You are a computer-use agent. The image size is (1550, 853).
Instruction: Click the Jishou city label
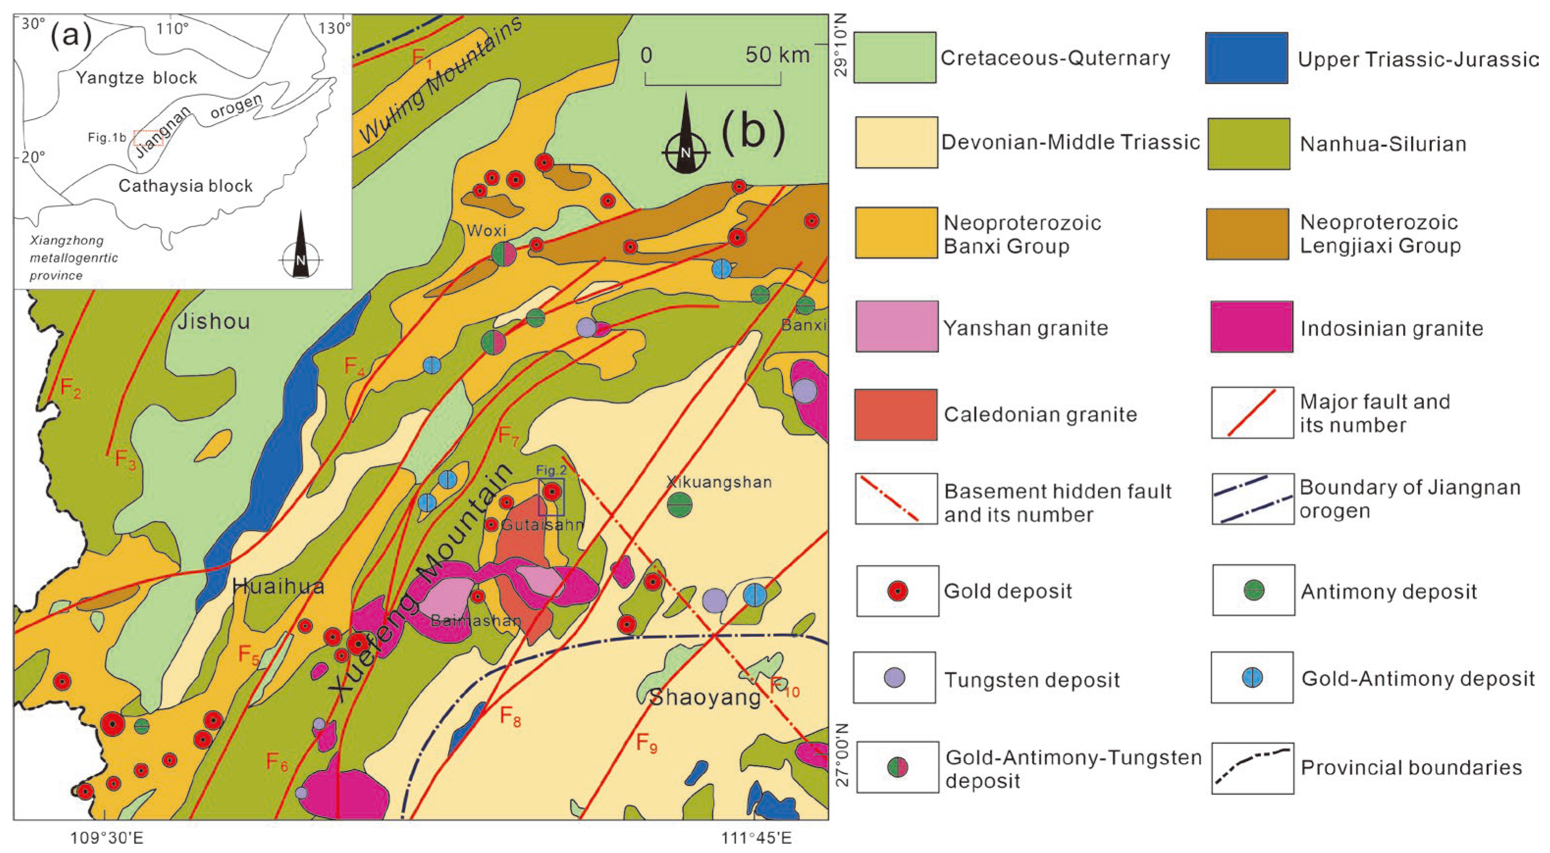pos(213,322)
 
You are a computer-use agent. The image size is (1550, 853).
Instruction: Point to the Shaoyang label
pos(705,698)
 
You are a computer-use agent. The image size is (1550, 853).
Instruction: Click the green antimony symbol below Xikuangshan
pos(680,505)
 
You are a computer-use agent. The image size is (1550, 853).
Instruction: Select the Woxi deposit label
pos(486,231)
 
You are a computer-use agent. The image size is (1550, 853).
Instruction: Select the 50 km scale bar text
pos(777,55)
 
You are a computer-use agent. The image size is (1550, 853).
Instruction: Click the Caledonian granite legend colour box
pos(895,414)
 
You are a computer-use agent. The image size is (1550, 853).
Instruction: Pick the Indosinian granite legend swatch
pos(1252,327)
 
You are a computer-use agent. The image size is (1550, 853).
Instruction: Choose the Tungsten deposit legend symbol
pos(895,677)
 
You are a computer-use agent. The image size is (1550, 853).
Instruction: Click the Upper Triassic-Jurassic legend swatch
pos(1246,58)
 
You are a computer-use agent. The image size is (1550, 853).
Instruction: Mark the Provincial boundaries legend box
pos(1252,768)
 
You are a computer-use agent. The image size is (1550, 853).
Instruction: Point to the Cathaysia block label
pos(185,186)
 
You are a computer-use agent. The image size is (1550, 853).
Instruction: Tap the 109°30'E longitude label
pos(107,837)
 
